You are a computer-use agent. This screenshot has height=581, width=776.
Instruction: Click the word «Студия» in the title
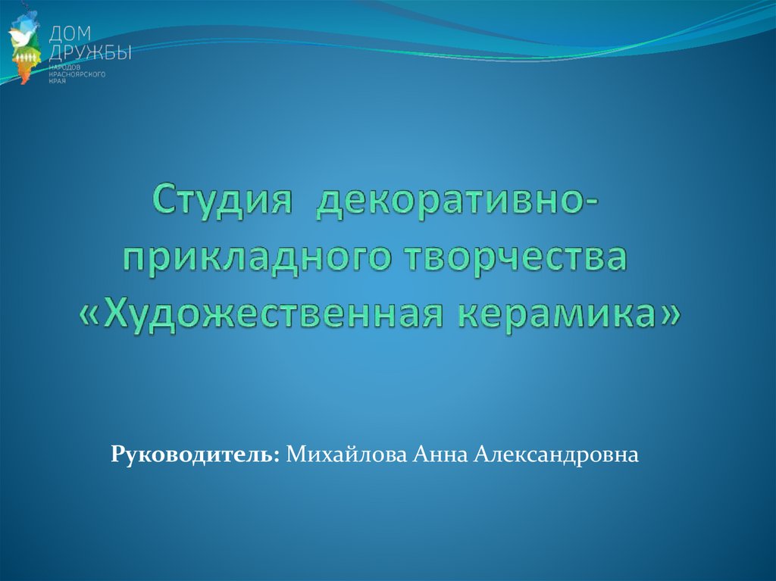[x=222, y=199]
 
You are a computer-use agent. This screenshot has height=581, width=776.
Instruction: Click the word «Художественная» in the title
[x=275, y=314]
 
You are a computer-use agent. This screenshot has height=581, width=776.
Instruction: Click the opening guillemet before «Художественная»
[x=90, y=315]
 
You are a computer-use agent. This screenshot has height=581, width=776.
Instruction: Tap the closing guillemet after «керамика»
[x=668, y=315]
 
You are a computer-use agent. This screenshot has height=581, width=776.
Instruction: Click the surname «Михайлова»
[x=346, y=454]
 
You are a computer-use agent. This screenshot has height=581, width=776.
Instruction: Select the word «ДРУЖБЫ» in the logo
[x=90, y=52]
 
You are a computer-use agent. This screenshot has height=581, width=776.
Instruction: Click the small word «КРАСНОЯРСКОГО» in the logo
[x=77, y=74]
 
